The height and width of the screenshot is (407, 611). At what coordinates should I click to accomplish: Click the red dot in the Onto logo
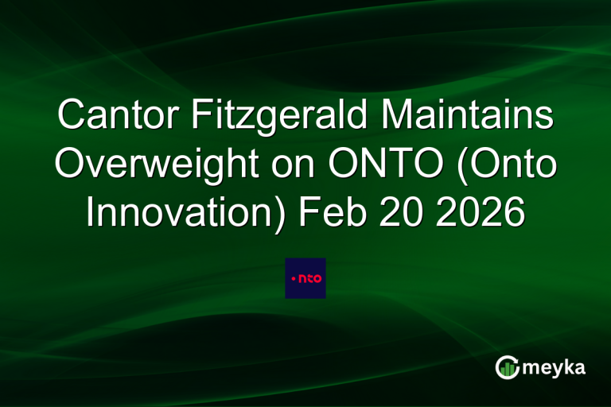pos(294,278)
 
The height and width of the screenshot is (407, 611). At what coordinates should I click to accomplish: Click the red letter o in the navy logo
pos(317,278)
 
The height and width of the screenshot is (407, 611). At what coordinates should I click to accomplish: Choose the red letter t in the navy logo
pos(309,277)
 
